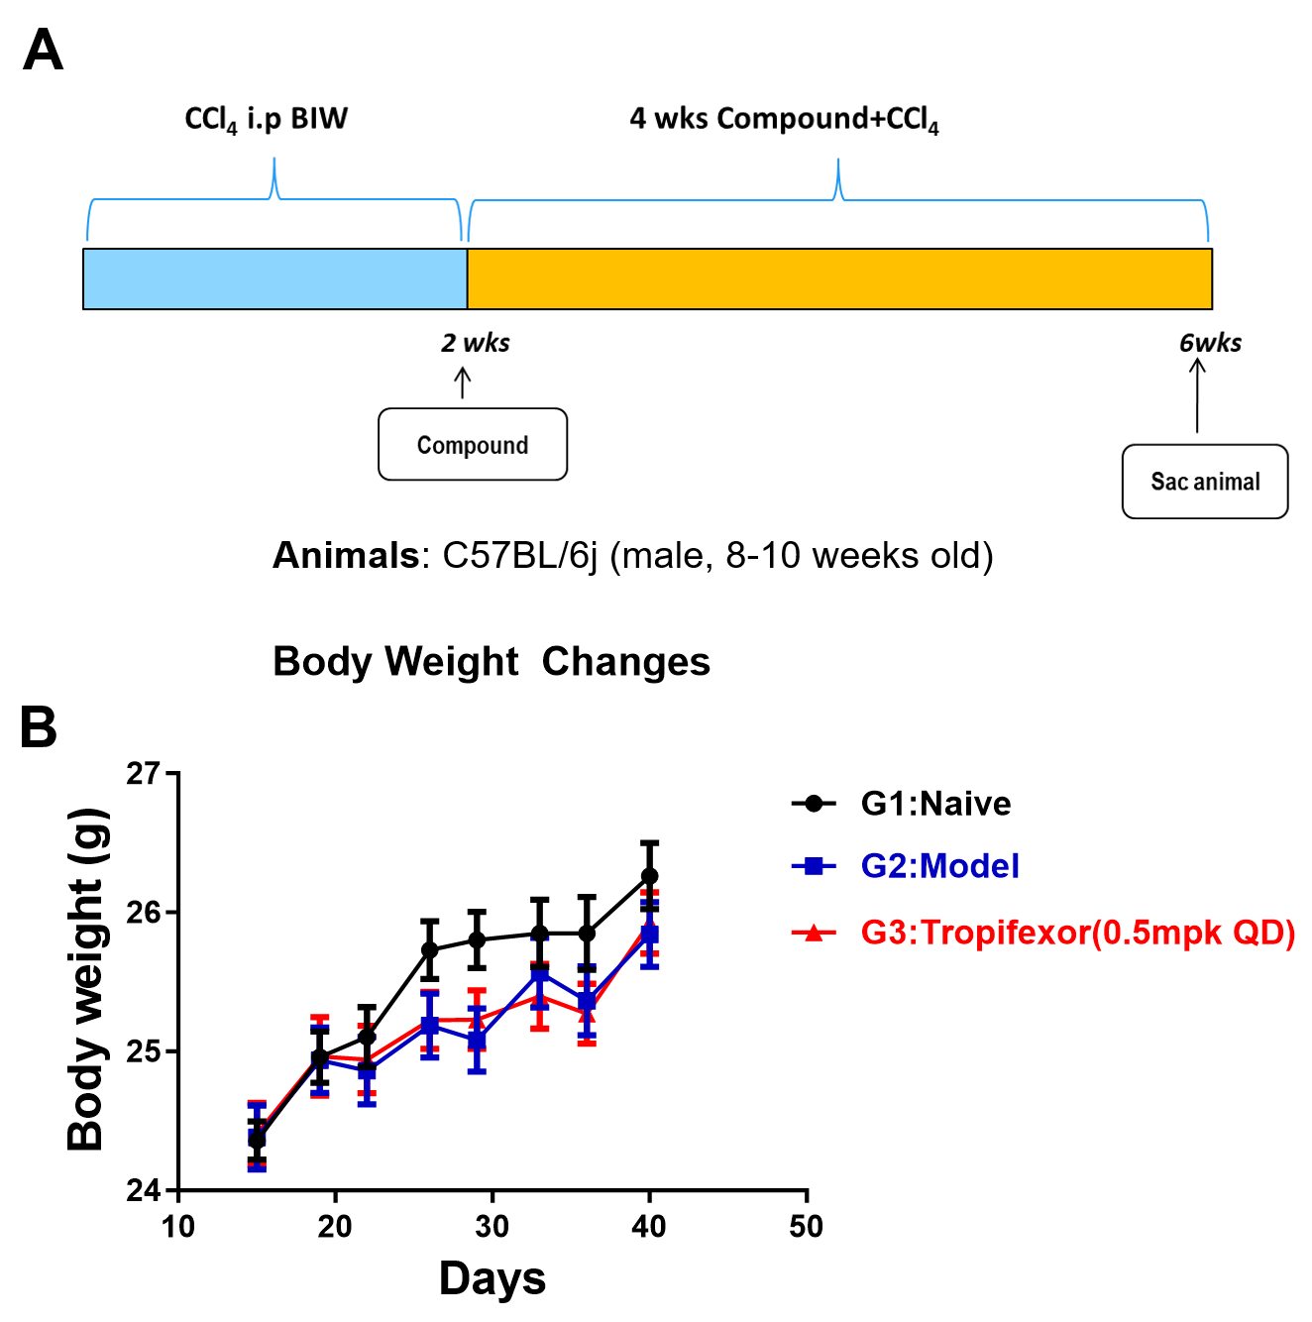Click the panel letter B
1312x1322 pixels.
(39, 727)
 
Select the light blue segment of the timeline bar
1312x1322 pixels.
(274, 278)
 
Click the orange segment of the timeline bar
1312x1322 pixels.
(839, 278)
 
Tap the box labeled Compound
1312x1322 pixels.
(473, 445)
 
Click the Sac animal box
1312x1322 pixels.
(1205, 482)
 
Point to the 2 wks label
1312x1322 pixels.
(476, 343)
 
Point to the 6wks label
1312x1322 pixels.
(1210, 343)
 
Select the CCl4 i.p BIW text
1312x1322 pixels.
(266, 119)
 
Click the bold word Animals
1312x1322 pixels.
(346, 556)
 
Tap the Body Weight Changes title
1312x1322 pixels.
(492, 662)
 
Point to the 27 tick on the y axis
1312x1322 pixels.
(144, 773)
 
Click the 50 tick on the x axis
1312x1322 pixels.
(806, 1227)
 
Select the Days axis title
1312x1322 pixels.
(492, 1278)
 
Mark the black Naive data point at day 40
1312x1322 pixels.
(649, 876)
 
